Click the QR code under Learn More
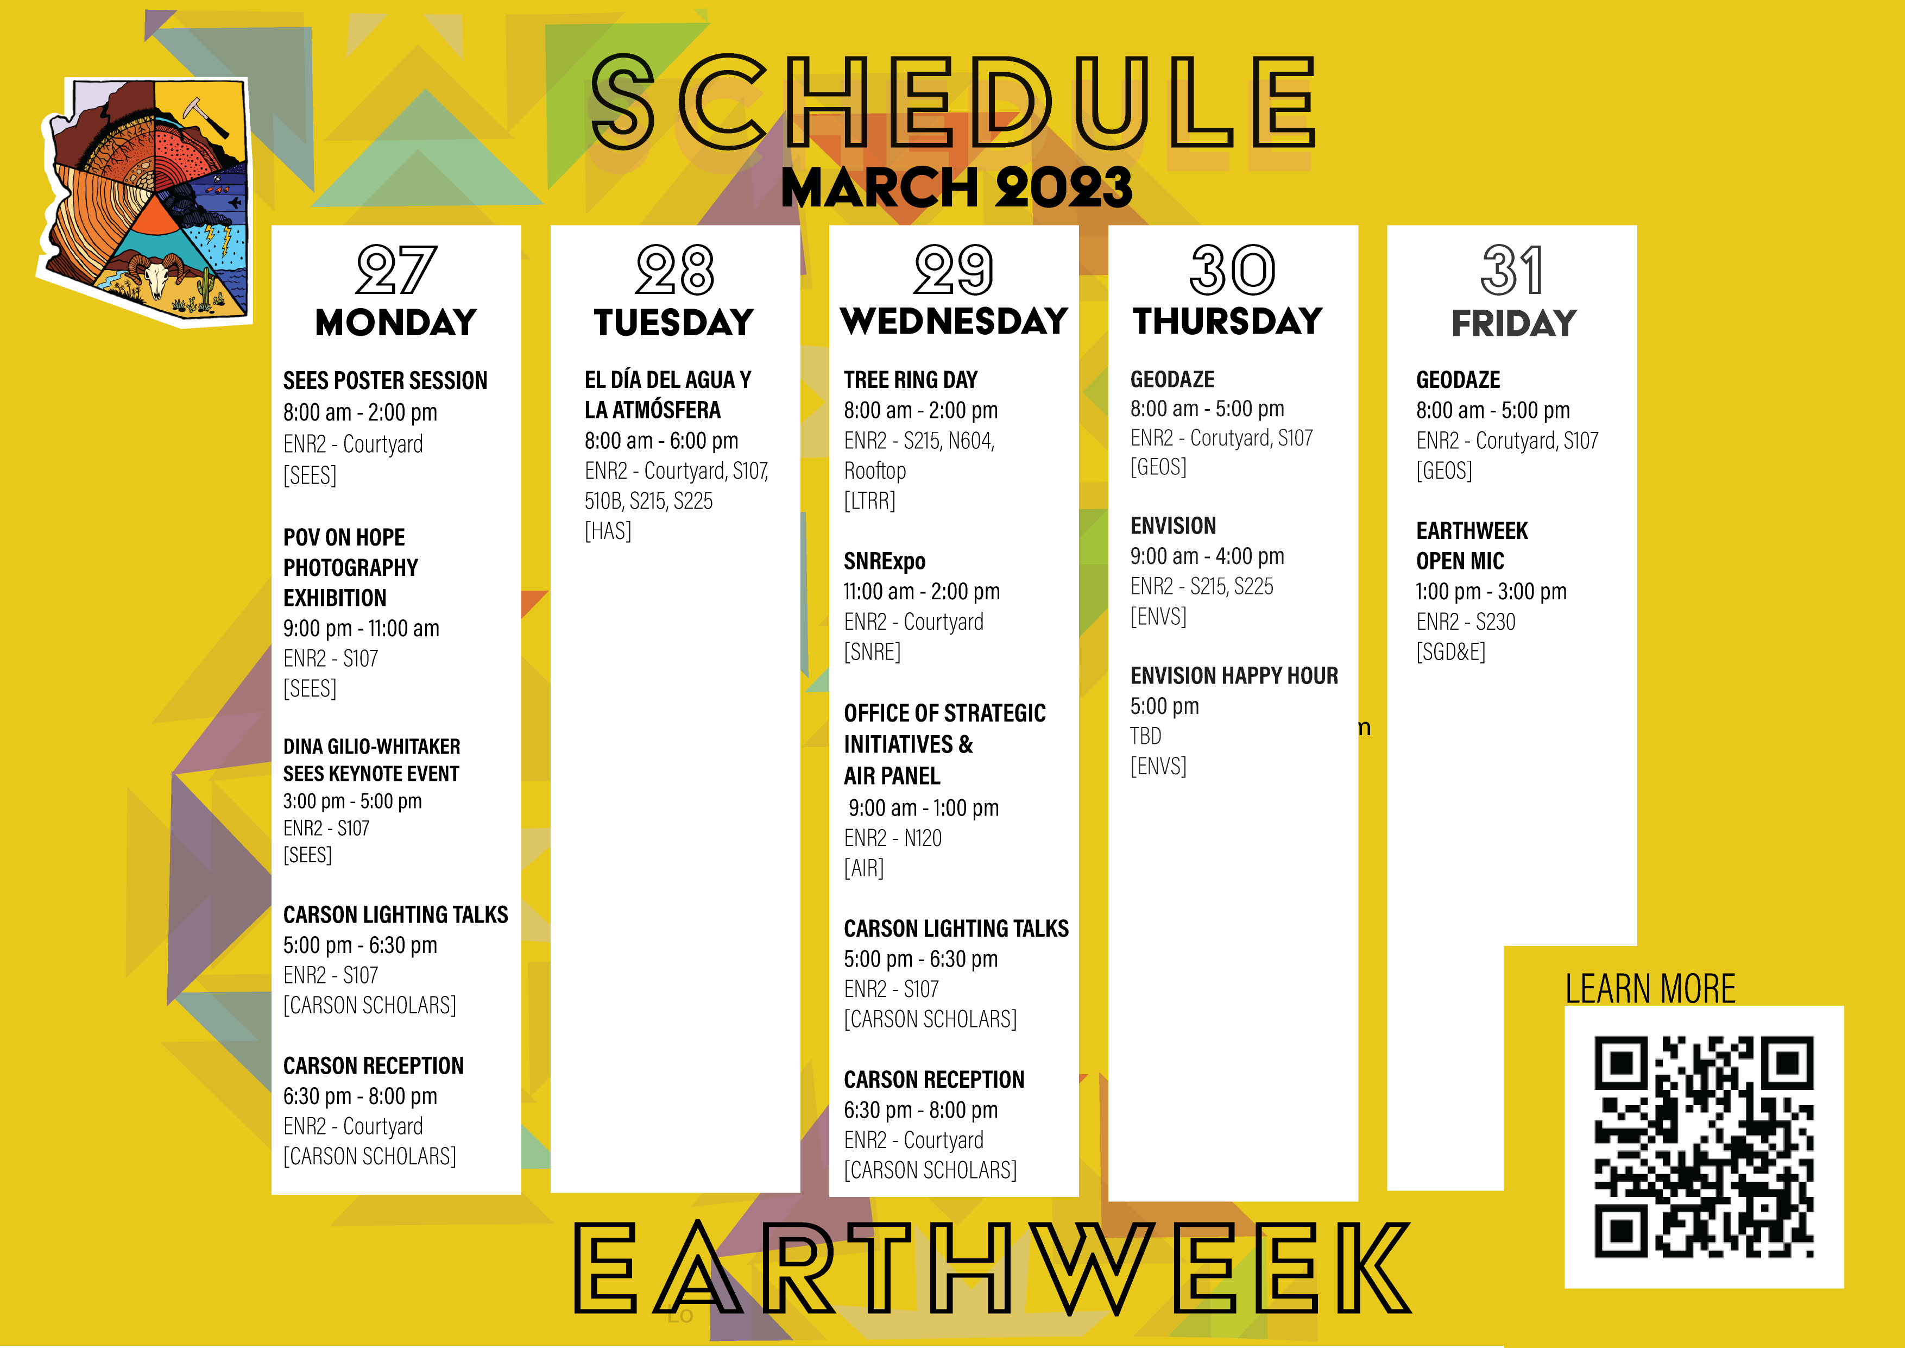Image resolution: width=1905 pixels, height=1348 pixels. tap(1704, 1146)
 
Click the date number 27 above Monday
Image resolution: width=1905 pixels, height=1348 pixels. tap(396, 270)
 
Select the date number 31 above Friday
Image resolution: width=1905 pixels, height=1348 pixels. tap(1512, 270)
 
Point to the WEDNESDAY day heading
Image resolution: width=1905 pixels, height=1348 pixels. tap(954, 321)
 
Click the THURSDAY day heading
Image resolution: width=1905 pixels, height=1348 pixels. tap(1228, 321)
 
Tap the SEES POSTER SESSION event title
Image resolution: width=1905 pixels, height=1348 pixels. tap(385, 381)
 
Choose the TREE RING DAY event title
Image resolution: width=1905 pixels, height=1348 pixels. tap(910, 380)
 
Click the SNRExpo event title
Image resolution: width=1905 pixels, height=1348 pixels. tap(885, 562)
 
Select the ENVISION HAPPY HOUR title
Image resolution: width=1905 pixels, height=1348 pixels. tap(1234, 676)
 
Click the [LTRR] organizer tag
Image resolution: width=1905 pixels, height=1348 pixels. tap(869, 501)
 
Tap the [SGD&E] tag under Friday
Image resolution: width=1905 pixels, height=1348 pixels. tap(1450, 653)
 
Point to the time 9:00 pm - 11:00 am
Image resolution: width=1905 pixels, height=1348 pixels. tap(361, 628)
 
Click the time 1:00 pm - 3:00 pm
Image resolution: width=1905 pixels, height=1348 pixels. tap(1491, 592)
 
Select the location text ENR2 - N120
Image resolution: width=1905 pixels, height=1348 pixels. tap(893, 838)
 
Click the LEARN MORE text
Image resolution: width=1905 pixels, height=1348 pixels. tap(1649, 989)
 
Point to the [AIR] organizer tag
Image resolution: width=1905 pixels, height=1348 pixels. tap(864, 868)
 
